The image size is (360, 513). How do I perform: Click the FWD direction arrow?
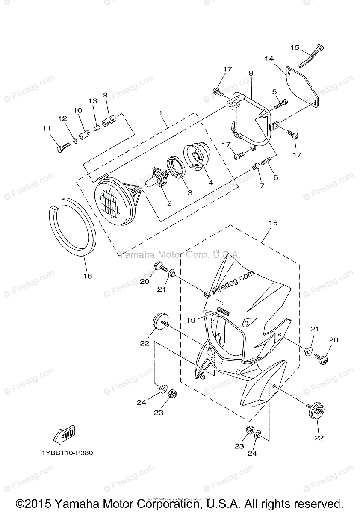[x=64, y=435]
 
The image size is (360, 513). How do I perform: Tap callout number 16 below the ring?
[x=87, y=276]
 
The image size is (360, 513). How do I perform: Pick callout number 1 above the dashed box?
[x=161, y=113]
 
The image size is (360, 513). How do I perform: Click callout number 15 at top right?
[x=295, y=47]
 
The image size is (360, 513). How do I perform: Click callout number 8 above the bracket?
[x=251, y=73]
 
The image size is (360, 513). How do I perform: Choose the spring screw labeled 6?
[x=269, y=162]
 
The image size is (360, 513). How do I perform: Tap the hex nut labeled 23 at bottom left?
[x=173, y=392]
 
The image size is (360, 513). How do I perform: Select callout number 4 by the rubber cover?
[x=210, y=182]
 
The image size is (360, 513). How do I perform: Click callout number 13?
[x=93, y=101]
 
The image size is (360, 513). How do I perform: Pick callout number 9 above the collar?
[x=105, y=95]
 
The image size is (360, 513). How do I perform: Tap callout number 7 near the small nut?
[x=262, y=186]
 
